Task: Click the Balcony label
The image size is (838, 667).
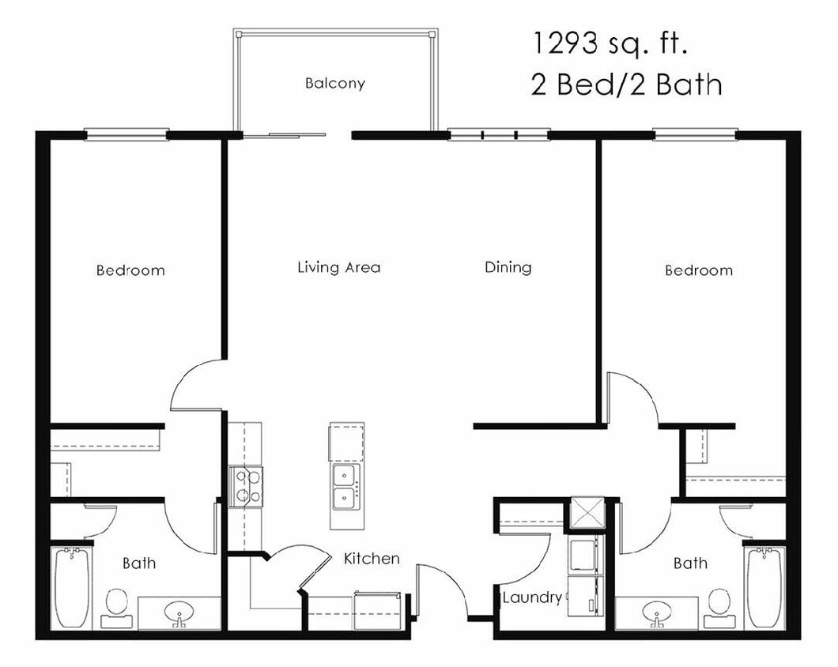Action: tap(335, 83)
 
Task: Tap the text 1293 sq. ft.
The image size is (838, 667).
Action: tap(610, 43)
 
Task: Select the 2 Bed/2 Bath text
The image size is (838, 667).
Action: tap(626, 84)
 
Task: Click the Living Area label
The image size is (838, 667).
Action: tap(338, 267)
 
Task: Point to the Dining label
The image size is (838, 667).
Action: tap(508, 267)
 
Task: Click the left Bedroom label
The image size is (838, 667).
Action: tap(130, 270)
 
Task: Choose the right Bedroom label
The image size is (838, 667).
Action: tap(698, 270)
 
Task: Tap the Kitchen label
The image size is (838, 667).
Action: tap(372, 559)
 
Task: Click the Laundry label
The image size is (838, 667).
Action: tap(532, 597)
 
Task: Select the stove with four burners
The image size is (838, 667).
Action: tap(246, 486)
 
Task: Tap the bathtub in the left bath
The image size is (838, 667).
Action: tap(72, 586)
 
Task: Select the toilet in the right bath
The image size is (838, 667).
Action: tap(719, 603)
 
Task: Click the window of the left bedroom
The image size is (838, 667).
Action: tap(126, 135)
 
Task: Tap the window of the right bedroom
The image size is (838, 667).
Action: tap(695, 135)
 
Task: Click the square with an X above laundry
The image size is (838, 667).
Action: tap(586, 511)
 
